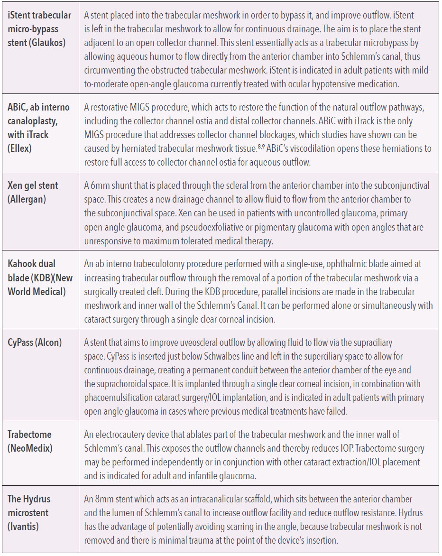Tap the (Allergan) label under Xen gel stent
point(27,199)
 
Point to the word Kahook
point(25,264)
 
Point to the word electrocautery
point(122,435)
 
